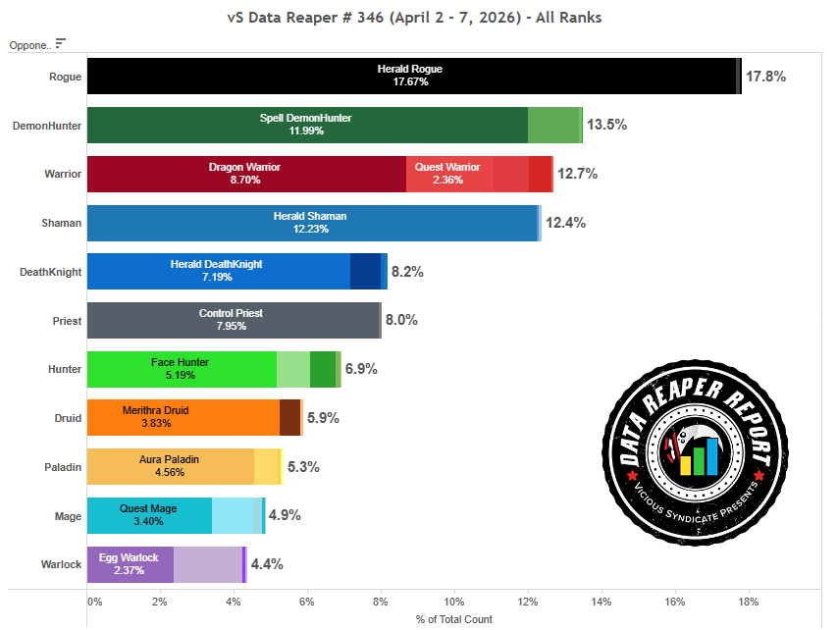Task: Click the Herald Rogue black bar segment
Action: (412, 76)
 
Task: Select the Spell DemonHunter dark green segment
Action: (307, 125)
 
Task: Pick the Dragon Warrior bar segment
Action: (246, 174)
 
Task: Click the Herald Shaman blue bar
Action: (312, 223)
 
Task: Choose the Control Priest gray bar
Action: (233, 321)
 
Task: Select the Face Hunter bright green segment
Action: (182, 369)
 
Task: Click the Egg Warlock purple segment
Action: (130, 564)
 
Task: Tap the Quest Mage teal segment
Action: (149, 515)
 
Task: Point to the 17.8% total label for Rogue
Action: (765, 76)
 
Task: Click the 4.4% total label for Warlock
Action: (267, 564)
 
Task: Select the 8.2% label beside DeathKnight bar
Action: (407, 272)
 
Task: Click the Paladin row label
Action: (63, 467)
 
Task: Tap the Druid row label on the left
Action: (68, 418)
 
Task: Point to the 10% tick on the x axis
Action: (454, 601)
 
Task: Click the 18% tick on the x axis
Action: (748, 601)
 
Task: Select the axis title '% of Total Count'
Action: (454, 619)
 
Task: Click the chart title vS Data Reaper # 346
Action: (417, 17)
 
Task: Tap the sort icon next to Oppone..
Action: (61, 43)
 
